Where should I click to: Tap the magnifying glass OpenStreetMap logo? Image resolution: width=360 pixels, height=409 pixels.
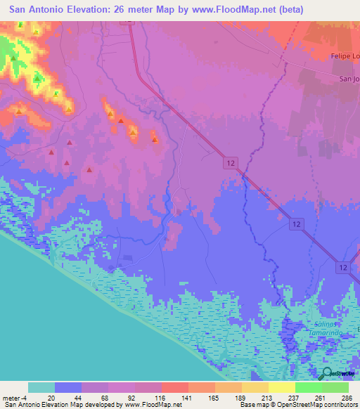pos(327,374)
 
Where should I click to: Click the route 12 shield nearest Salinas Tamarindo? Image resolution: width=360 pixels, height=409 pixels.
pos(342,268)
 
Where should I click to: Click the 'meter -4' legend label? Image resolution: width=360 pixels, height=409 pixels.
pos(12,397)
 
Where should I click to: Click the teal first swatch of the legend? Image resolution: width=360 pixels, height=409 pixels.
pos(41,387)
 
